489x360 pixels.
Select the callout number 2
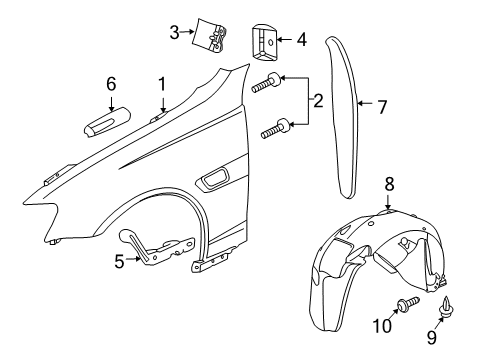point(318,100)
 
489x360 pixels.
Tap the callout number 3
point(174,33)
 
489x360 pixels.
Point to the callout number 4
point(299,40)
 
